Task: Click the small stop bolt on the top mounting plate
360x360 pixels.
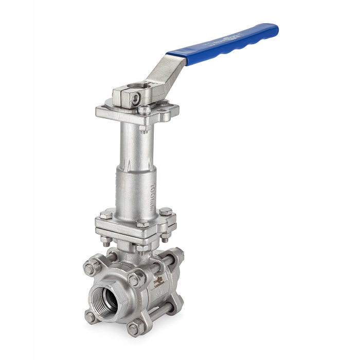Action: point(146,109)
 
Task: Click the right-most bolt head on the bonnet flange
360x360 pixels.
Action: point(165,212)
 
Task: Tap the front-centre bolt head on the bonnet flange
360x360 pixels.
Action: point(142,223)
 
